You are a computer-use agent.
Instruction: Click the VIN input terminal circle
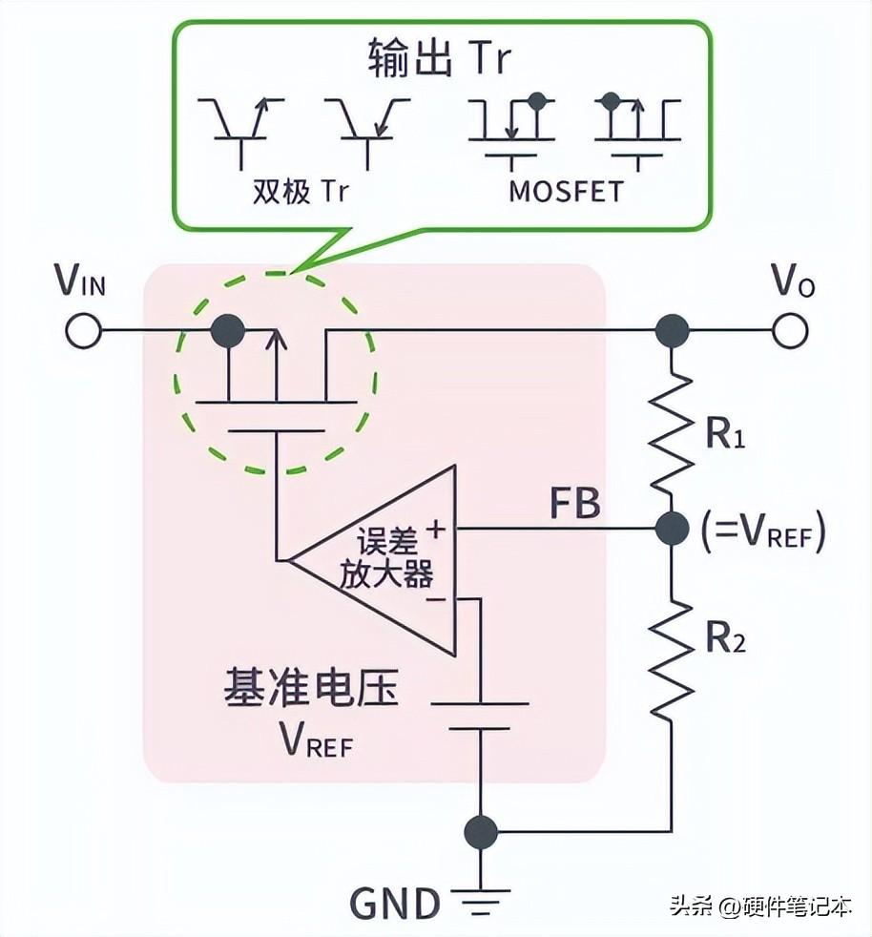83,330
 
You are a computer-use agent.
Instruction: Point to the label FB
574,504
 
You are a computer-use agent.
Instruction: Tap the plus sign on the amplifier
438,527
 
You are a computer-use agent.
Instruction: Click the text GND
395,902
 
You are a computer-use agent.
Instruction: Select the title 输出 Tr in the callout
439,59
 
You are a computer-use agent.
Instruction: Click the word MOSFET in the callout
565,191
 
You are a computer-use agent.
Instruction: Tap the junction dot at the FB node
672,528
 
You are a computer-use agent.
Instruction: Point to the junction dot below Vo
672,330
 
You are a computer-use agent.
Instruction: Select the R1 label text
725,434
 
